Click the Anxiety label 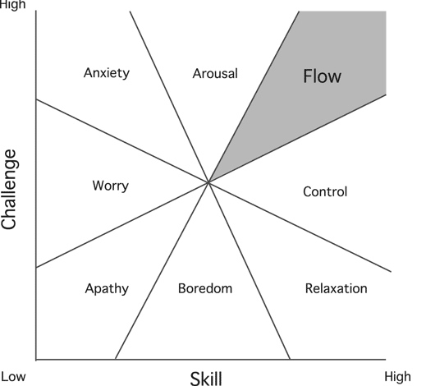click(x=107, y=73)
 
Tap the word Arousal click(x=215, y=74)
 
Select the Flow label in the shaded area click(x=322, y=76)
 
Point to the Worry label click(x=111, y=186)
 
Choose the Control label click(x=325, y=191)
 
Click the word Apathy click(x=107, y=289)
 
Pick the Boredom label click(x=205, y=288)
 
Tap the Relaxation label click(x=336, y=288)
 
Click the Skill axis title click(x=206, y=379)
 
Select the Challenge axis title click(x=9, y=189)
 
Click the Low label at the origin click(x=13, y=377)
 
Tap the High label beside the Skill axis click(x=397, y=377)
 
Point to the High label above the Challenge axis click(x=13, y=5)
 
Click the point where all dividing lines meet click(x=208, y=182)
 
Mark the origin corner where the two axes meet click(x=36, y=359)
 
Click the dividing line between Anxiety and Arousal click(x=169, y=96)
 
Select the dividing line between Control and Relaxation click(x=300, y=227)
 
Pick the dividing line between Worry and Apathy click(x=122, y=224)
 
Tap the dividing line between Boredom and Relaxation click(x=250, y=270)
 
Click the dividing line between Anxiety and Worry click(x=122, y=140)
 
